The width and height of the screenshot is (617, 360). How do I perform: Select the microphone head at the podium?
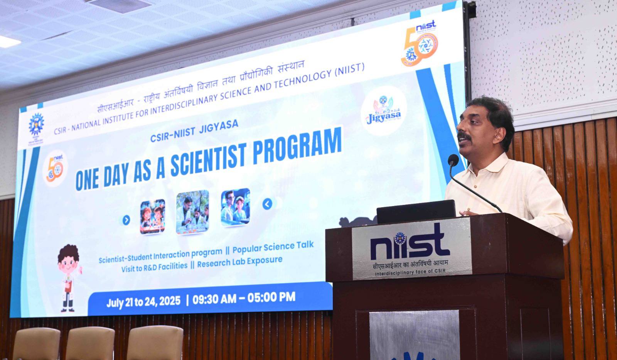(453, 159)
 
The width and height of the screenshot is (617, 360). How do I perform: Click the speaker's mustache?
(464, 136)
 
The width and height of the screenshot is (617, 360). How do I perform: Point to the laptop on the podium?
(416, 211)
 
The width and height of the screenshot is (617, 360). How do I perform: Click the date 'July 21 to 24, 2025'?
(143, 302)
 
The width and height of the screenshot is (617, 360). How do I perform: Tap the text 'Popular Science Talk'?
(273, 246)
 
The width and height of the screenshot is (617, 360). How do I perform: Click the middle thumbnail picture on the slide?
(192, 212)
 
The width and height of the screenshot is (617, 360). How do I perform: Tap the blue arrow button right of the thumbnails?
(267, 204)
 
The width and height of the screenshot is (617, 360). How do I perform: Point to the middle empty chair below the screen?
(90, 343)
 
